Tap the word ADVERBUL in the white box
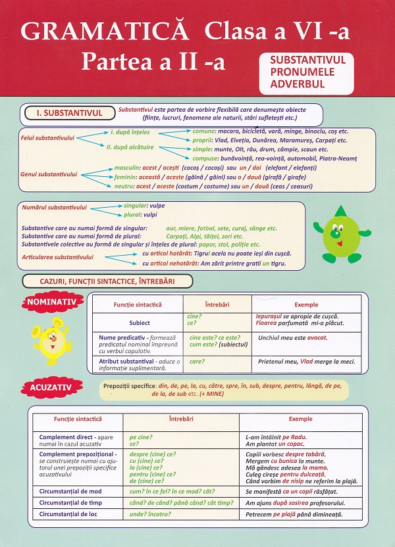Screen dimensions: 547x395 (x=298, y=84)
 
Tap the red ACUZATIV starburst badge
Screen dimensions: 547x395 (x=50, y=389)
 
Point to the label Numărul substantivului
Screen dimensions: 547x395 (x=54, y=208)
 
